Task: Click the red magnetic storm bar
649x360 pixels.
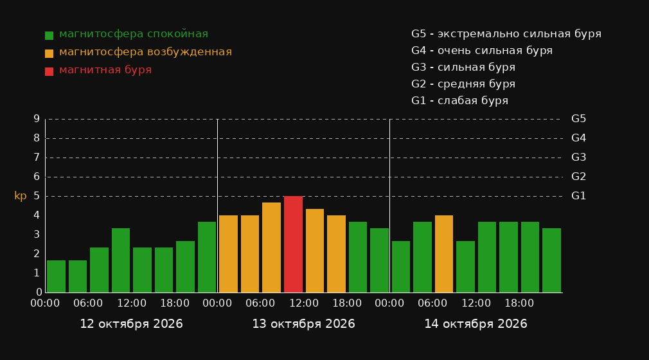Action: pyautogui.click(x=293, y=244)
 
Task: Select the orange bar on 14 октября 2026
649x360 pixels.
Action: pyautogui.click(x=444, y=254)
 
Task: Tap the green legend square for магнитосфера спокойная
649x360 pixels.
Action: pyautogui.click(x=49, y=35)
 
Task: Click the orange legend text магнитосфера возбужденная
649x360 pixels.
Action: pyautogui.click(x=145, y=52)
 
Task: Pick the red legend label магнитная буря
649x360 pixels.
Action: pyautogui.click(x=105, y=70)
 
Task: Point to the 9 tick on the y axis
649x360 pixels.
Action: pyautogui.click(x=37, y=119)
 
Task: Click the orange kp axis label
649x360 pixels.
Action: pyautogui.click(x=21, y=196)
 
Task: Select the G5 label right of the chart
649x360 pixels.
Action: pyautogui.click(x=578, y=119)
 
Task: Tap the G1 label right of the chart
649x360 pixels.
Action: pyautogui.click(x=578, y=196)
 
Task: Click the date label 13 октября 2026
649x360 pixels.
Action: pyautogui.click(x=303, y=324)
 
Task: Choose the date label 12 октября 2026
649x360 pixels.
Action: pyautogui.click(x=131, y=324)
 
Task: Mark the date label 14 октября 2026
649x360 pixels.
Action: pyautogui.click(x=476, y=324)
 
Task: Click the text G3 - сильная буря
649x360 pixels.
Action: pyautogui.click(x=463, y=67)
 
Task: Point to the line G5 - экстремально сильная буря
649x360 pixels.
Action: pyautogui.click(x=506, y=34)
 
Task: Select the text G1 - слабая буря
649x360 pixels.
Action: pyautogui.click(x=459, y=101)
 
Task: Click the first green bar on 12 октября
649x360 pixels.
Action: pyautogui.click(x=56, y=276)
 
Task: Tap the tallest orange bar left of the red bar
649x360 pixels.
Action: pyautogui.click(x=271, y=248)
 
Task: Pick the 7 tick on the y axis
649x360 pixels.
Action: pyautogui.click(x=37, y=157)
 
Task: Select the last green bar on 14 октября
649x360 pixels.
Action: pyautogui.click(x=551, y=260)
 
